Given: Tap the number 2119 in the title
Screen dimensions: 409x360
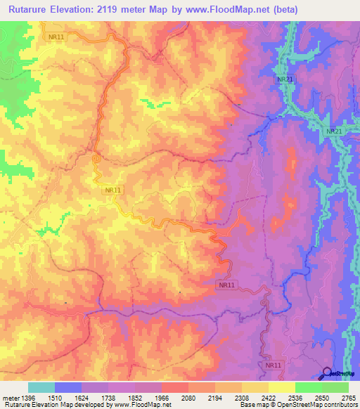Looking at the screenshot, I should click(x=128, y=10).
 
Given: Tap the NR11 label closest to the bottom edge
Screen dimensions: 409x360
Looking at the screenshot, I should click(x=274, y=365).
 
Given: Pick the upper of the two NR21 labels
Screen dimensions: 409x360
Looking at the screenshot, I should click(x=285, y=79).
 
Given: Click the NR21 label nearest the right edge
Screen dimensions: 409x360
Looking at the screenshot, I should click(x=335, y=131).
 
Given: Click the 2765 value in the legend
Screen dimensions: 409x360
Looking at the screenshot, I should click(x=348, y=397).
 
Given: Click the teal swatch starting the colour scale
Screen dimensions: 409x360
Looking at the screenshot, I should click(x=41, y=387).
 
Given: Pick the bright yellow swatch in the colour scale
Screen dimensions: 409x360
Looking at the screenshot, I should click(x=281, y=387).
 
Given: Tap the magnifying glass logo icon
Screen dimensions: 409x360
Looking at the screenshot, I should click(x=328, y=373).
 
